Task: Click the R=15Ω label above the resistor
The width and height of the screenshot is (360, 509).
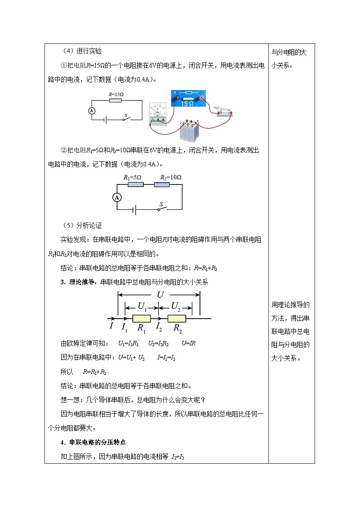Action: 116,94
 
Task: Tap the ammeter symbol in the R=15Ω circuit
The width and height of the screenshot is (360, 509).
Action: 91,111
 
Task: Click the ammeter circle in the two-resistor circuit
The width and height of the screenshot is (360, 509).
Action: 117,197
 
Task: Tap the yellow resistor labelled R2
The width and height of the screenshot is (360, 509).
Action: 177,319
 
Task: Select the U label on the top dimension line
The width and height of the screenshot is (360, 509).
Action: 160,294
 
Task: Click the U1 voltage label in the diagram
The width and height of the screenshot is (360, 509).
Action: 143,307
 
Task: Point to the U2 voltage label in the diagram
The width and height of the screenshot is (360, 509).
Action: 176,307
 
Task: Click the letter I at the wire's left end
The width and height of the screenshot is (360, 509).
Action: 111,325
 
